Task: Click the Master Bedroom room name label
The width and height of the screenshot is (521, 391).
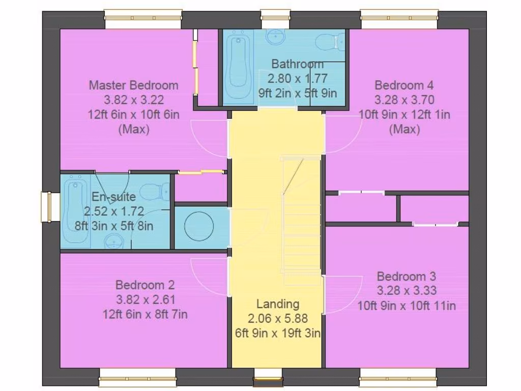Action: click(x=133, y=85)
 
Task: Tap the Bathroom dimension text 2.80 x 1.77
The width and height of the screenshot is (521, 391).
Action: click(x=297, y=78)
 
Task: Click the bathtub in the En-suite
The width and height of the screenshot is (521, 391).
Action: click(x=76, y=211)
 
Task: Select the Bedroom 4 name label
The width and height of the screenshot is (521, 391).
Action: click(x=404, y=85)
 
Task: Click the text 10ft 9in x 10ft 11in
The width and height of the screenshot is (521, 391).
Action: click(x=406, y=306)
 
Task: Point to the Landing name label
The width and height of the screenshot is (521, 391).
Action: click(x=277, y=304)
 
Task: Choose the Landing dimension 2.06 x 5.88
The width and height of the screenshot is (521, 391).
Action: click(x=277, y=319)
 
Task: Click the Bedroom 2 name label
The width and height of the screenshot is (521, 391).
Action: click(x=144, y=285)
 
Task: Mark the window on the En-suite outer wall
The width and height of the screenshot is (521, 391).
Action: click(x=47, y=207)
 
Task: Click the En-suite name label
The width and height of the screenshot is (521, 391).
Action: click(x=113, y=197)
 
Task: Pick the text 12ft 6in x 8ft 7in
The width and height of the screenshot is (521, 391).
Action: click(x=144, y=315)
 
